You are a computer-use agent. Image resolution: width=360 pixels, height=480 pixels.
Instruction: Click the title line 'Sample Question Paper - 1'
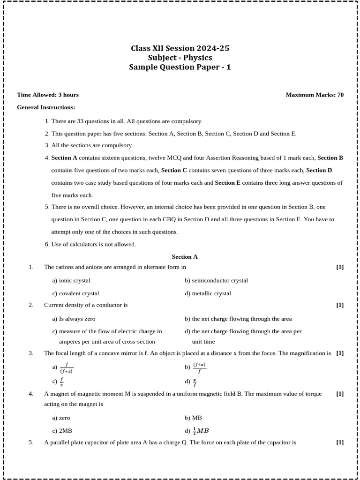pyautogui.click(x=180, y=67)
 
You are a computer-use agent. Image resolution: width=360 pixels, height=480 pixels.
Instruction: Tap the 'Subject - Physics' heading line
pyautogui.click(x=180, y=58)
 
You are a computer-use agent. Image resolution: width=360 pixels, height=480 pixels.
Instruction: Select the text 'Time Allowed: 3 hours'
pyautogui.click(x=48, y=95)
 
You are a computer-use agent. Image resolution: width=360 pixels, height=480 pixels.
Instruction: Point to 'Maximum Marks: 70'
pyautogui.click(x=315, y=95)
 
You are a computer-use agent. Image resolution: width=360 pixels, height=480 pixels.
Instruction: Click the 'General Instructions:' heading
pyautogui.click(x=46, y=107)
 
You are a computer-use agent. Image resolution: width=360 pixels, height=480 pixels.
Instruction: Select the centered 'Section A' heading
pyautogui.click(x=185, y=256)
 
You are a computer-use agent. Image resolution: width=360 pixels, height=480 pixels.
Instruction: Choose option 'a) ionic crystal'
pyautogui.click(x=71, y=280)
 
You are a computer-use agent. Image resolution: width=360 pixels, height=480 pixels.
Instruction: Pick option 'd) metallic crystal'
pyautogui.click(x=208, y=293)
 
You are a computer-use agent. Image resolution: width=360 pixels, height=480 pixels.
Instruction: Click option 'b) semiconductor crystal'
pyautogui.click(x=216, y=280)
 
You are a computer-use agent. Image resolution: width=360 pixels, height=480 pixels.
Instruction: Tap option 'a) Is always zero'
pyautogui.click(x=74, y=319)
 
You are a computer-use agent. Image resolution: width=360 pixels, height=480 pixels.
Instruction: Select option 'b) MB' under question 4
pyautogui.click(x=193, y=418)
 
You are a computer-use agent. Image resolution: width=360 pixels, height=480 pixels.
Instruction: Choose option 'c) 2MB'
pyautogui.click(x=62, y=430)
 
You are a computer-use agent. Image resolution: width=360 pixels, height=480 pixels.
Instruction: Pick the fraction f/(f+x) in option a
pyautogui.click(x=67, y=367)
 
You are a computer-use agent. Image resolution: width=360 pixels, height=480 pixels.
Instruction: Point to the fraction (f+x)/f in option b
pyautogui.click(x=199, y=367)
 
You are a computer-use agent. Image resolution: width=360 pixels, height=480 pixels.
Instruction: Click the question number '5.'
pyautogui.click(x=31, y=442)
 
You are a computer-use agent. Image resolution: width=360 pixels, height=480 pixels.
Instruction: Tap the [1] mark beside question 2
pyautogui.click(x=340, y=305)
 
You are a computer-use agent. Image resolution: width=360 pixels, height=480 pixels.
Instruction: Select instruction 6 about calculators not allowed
pyautogui.click(x=90, y=244)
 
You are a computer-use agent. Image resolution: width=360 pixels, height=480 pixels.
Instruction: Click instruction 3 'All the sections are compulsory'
pyautogui.click(x=89, y=145)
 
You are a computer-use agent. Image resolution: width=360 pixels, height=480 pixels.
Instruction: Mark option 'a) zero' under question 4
pyautogui.click(x=61, y=418)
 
